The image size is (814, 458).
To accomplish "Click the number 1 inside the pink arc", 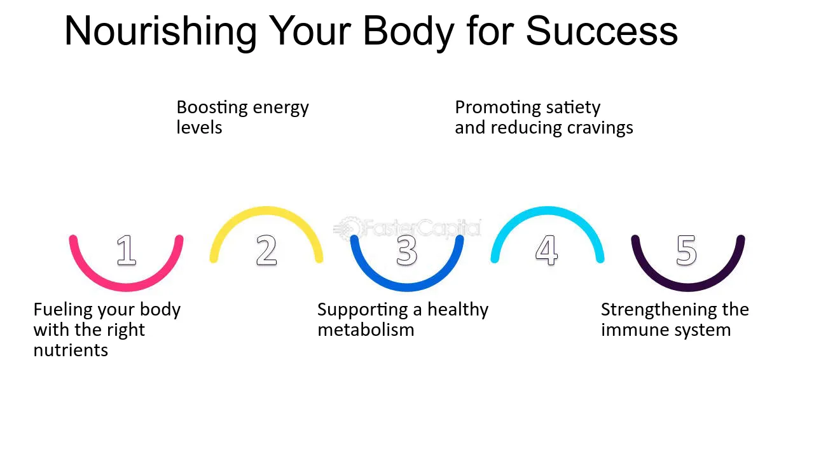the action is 127,250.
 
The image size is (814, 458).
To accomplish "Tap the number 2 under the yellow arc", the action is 266,250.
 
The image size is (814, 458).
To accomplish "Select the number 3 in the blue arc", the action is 406,250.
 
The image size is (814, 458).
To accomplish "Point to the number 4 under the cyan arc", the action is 546,250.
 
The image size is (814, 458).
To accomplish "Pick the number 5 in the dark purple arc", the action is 686,250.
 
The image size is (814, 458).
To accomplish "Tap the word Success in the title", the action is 602,31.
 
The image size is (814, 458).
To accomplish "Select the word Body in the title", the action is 408,32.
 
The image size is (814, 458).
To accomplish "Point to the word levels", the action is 199,128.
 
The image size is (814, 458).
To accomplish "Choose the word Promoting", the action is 497,108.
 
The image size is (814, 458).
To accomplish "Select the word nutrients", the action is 71,350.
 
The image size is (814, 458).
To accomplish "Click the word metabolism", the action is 366,330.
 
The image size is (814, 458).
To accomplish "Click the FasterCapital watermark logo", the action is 408,228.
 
